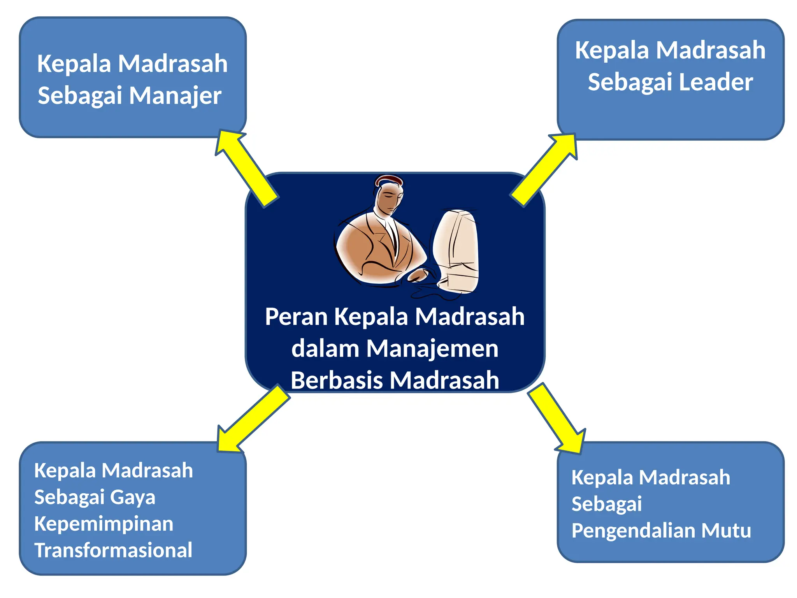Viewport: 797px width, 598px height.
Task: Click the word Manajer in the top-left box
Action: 175,96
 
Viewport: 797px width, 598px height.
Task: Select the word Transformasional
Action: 113,550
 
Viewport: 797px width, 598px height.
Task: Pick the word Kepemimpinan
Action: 104,524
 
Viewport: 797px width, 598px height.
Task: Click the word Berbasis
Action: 337,380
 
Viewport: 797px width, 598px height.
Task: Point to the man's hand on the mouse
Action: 417,275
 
